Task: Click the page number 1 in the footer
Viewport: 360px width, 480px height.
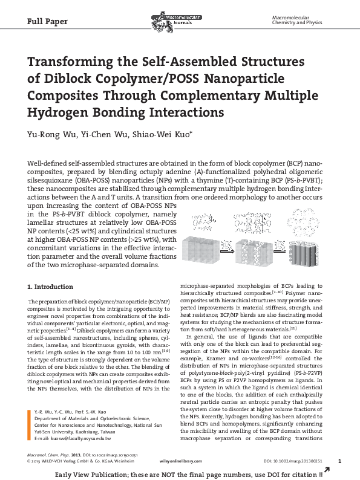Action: pos(339,461)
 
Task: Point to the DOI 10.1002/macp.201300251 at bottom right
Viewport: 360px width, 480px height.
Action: pos(293,461)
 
